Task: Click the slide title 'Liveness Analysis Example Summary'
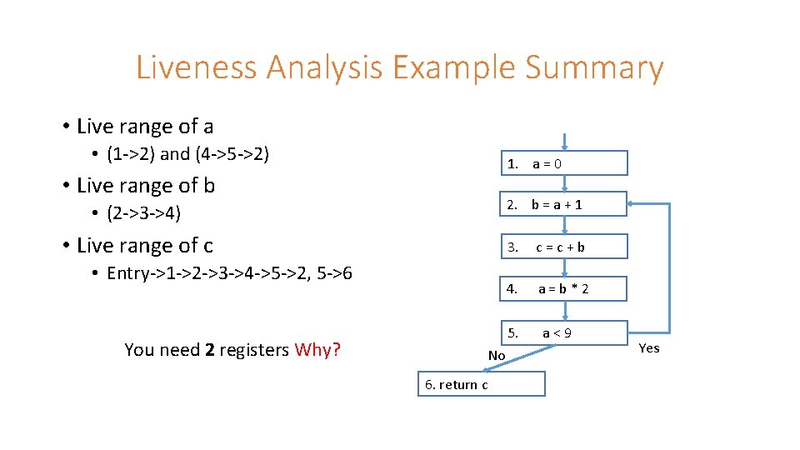(399, 67)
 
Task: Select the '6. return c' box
(482, 384)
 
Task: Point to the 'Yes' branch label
(648, 348)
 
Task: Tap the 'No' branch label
(497, 356)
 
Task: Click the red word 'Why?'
(317, 350)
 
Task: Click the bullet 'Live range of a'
(144, 127)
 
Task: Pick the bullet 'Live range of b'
(145, 185)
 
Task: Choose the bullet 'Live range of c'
(144, 245)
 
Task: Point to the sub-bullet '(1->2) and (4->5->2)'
(187, 154)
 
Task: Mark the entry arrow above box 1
(564, 142)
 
